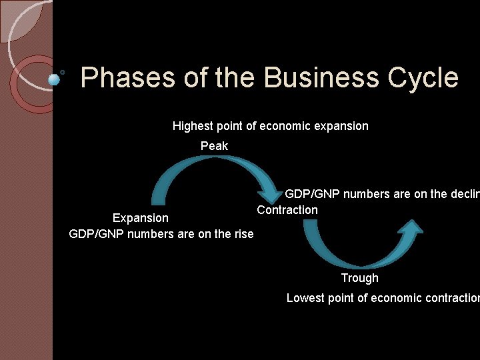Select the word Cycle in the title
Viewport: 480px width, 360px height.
coord(422,78)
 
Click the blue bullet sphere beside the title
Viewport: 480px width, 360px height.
coord(55,79)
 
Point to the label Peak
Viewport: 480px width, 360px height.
coord(214,146)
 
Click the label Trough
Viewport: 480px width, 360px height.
coord(359,278)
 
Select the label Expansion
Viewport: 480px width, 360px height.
coord(141,218)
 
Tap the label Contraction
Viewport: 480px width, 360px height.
coord(287,210)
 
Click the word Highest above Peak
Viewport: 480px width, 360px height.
coord(193,126)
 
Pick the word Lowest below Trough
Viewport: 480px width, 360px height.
coord(307,298)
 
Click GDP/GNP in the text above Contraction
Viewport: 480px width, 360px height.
coord(311,194)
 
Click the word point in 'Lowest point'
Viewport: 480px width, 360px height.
coord(341,298)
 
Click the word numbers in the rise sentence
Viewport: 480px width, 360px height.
coord(150,233)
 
